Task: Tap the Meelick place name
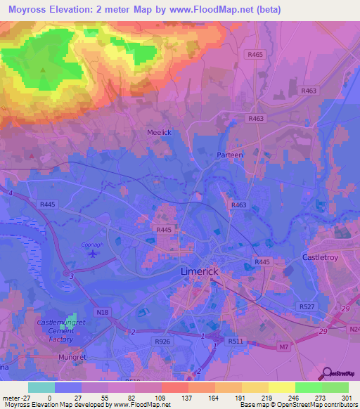pyautogui.click(x=159, y=132)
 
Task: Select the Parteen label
pyautogui.click(x=230, y=154)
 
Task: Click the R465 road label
pyautogui.click(x=255, y=53)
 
